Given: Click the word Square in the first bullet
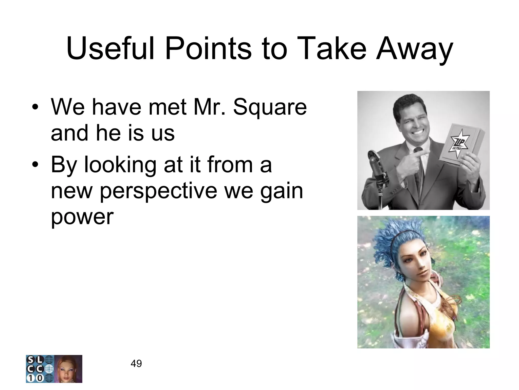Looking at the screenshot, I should click(270, 108).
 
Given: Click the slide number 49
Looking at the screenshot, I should click(136, 364).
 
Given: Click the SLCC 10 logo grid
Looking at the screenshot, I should click(40, 369).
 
